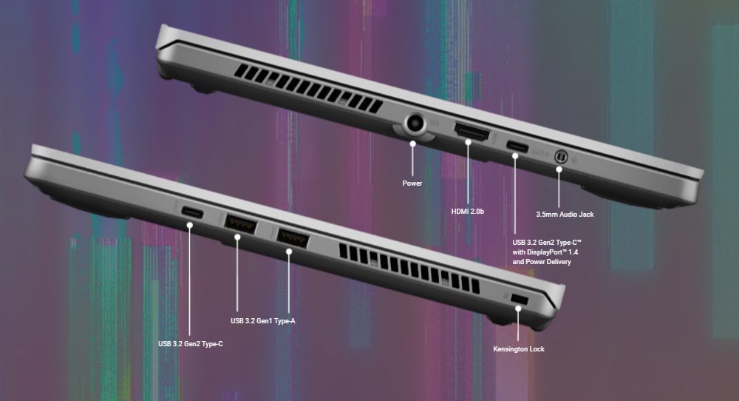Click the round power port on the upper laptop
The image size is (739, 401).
point(415,124)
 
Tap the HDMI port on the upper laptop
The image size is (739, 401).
point(471,131)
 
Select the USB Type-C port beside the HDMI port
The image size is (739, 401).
point(517,146)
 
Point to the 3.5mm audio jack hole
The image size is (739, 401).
point(561,155)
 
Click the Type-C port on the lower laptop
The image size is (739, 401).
point(192,213)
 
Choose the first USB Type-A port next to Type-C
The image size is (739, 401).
point(240,224)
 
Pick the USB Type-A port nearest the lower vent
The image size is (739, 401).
point(292,237)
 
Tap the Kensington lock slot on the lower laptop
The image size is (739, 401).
point(519,299)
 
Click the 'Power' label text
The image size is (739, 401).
point(412,183)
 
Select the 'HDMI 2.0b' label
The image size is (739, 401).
point(468,212)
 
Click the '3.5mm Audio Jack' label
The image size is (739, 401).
point(565,214)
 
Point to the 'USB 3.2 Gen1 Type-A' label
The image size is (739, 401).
point(263,321)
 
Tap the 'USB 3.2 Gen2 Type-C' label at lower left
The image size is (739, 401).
point(191,344)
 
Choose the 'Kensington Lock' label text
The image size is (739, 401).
point(519,349)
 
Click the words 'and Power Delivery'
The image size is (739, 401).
point(542,262)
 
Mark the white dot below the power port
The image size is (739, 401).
point(413,143)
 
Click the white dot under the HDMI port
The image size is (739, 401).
point(468,142)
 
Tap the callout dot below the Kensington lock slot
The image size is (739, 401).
point(519,308)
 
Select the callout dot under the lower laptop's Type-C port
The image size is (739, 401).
point(189,225)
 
